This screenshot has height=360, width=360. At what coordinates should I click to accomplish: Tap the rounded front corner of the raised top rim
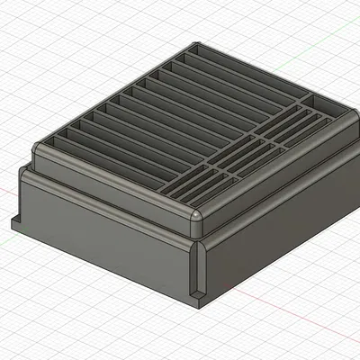196,219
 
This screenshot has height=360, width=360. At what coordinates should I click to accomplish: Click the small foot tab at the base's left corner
16,221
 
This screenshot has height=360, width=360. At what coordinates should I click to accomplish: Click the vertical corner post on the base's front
199,265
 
